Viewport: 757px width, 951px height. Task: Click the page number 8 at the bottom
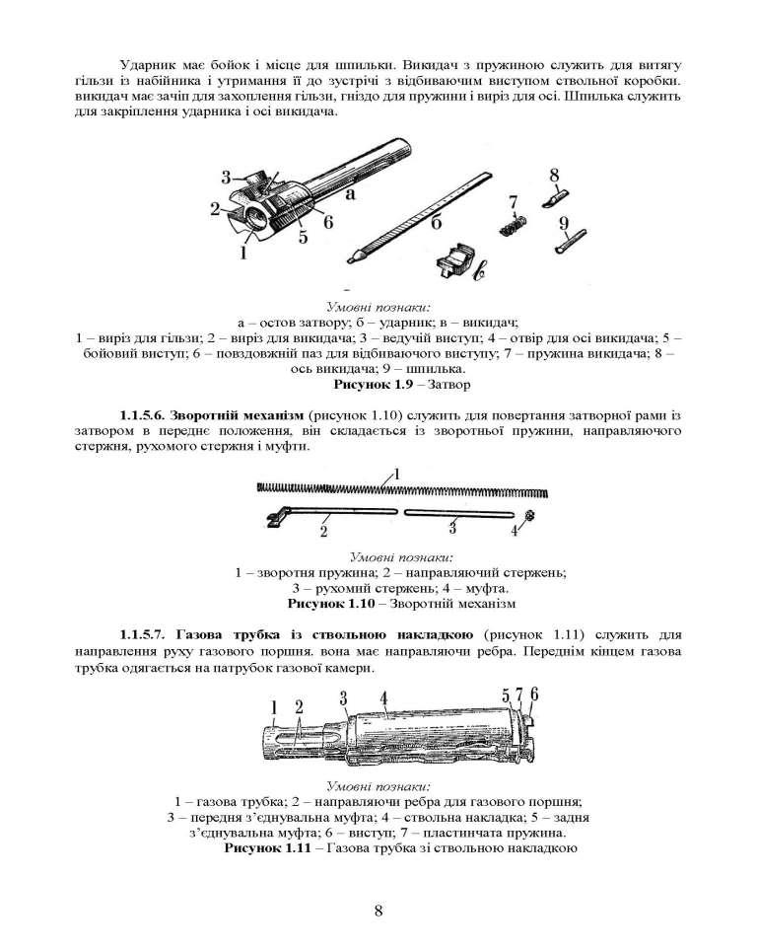click(x=378, y=910)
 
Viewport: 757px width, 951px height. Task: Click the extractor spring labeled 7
click(x=511, y=224)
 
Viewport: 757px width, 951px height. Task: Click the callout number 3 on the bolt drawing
click(x=226, y=178)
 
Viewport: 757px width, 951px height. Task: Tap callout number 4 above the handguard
click(x=383, y=697)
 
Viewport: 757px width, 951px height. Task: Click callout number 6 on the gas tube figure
click(x=535, y=694)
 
